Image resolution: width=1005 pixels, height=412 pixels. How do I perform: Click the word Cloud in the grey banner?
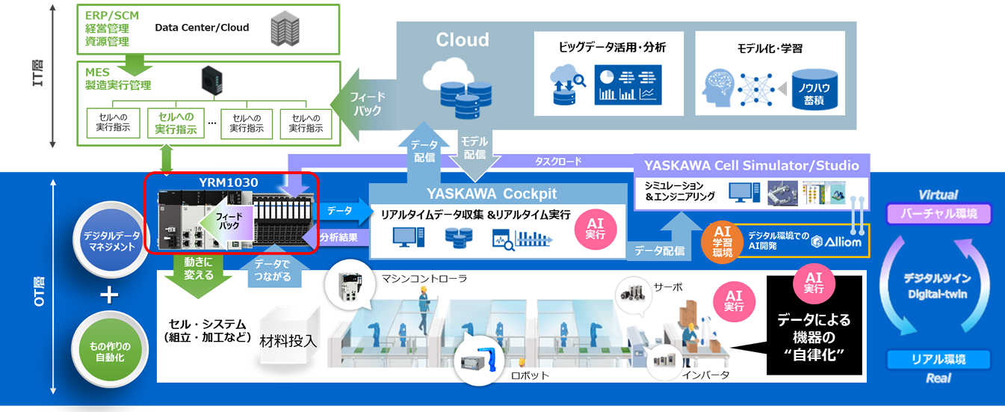tap(463, 40)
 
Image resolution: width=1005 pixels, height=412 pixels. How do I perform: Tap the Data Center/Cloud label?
tap(202, 28)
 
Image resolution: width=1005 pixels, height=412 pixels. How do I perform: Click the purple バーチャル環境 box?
tap(938, 215)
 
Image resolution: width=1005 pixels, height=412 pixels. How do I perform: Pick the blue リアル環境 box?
tap(938, 359)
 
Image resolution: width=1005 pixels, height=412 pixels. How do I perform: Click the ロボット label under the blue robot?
tap(530, 375)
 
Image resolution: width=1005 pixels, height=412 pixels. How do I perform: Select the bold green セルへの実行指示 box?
tap(176, 123)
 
